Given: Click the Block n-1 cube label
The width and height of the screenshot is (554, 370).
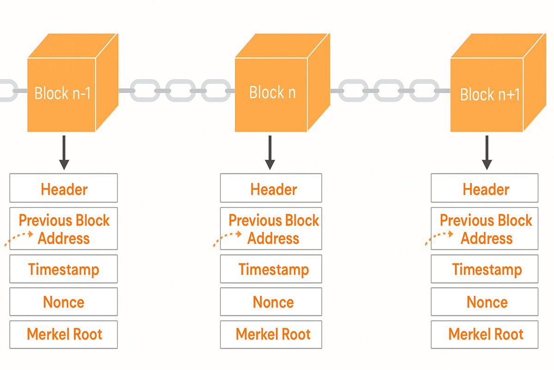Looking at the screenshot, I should click(x=62, y=93).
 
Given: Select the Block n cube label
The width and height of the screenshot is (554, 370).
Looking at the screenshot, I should click(x=272, y=92).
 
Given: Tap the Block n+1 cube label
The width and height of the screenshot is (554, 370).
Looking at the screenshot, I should click(x=490, y=95).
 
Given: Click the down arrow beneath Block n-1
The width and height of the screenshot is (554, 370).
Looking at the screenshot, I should click(x=64, y=152).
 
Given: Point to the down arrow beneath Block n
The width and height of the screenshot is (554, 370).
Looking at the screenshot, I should click(x=270, y=152).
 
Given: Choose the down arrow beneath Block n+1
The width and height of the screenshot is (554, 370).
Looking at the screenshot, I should click(x=486, y=152).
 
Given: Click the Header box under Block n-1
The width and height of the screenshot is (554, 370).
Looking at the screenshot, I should click(x=64, y=188).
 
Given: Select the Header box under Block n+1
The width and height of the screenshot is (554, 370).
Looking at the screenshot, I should click(x=485, y=188).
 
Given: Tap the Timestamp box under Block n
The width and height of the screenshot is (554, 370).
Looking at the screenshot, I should click(x=271, y=269).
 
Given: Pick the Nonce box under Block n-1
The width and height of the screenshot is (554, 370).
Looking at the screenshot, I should click(x=64, y=302).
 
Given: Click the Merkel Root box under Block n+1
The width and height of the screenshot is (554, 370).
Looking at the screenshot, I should click(x=485, y=334).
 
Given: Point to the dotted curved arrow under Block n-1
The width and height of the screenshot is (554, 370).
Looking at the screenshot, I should click(x=18, y=238).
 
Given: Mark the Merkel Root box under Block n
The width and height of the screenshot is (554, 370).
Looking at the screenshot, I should click(x=271, y=334).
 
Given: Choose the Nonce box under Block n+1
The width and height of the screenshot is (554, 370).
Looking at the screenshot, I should click(x=485, y=302).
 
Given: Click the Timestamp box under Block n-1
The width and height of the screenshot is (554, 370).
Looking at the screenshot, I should click(x=64, y=269).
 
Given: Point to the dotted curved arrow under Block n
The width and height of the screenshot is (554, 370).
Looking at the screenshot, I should click(x=228, y=238).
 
